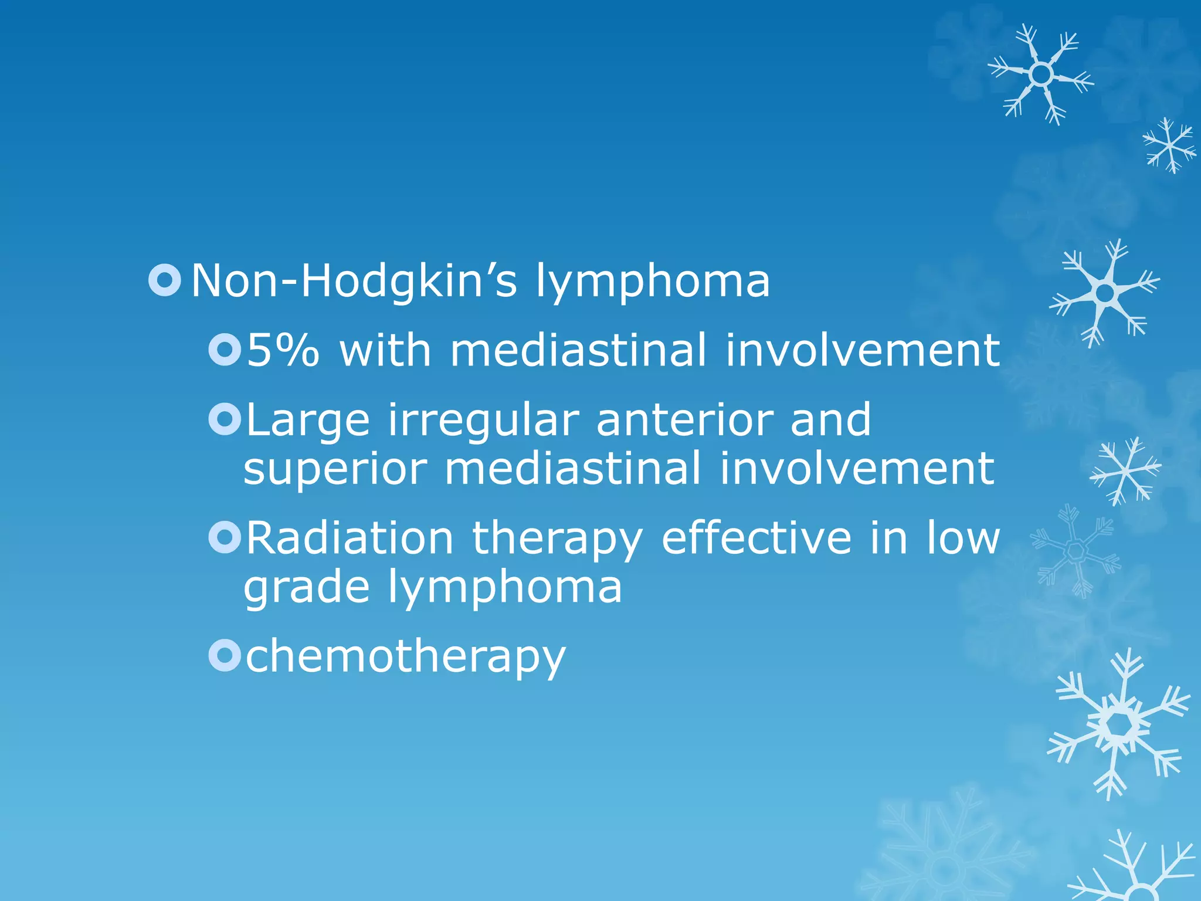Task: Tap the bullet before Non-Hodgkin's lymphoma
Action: click(x=165, y=280)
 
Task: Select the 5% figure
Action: click(x=283, y=350)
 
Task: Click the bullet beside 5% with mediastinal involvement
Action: click(x=225, y=350)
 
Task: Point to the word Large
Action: click(x=308, y=421)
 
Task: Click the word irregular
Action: click(x=484, y=421)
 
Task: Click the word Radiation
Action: click(x=350, y=538)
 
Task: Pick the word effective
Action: click(x=756, y=538)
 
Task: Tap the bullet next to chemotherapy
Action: click(x=225, y=655)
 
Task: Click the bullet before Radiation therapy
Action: click(x=225, y=537)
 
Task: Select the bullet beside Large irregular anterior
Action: click(x=225, y=419)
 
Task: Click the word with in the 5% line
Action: click(x=385, y=350)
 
